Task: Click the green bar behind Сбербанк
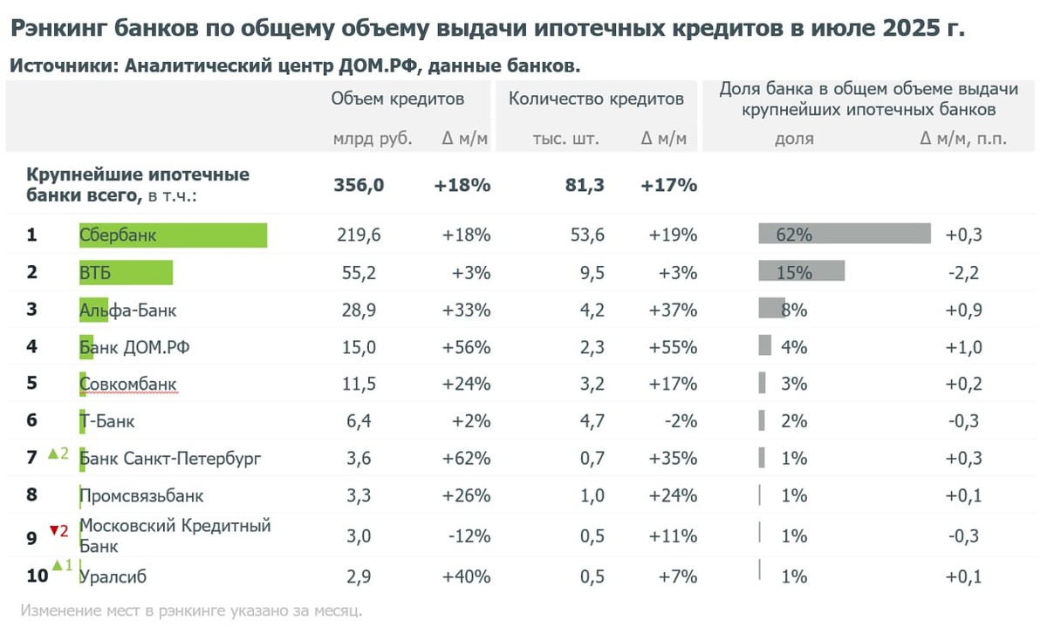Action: pos(173,235)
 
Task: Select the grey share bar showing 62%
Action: pos(845,235)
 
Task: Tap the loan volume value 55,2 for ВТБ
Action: pos(359,273)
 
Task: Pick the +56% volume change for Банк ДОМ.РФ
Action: pos(462,347)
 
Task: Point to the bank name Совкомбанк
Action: pos(128,384)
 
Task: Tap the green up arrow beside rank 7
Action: pos(51,453)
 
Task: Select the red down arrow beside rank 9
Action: pos(52,529)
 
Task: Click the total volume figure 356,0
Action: pos(359,186)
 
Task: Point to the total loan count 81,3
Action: pos(585,186)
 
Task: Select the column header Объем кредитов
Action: pos(397,99)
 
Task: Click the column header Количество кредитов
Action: pos(596,99)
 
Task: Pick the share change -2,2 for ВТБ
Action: pos(962,273)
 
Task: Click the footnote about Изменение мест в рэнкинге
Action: pos(191,610)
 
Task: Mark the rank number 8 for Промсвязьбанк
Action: pos(31,495)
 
